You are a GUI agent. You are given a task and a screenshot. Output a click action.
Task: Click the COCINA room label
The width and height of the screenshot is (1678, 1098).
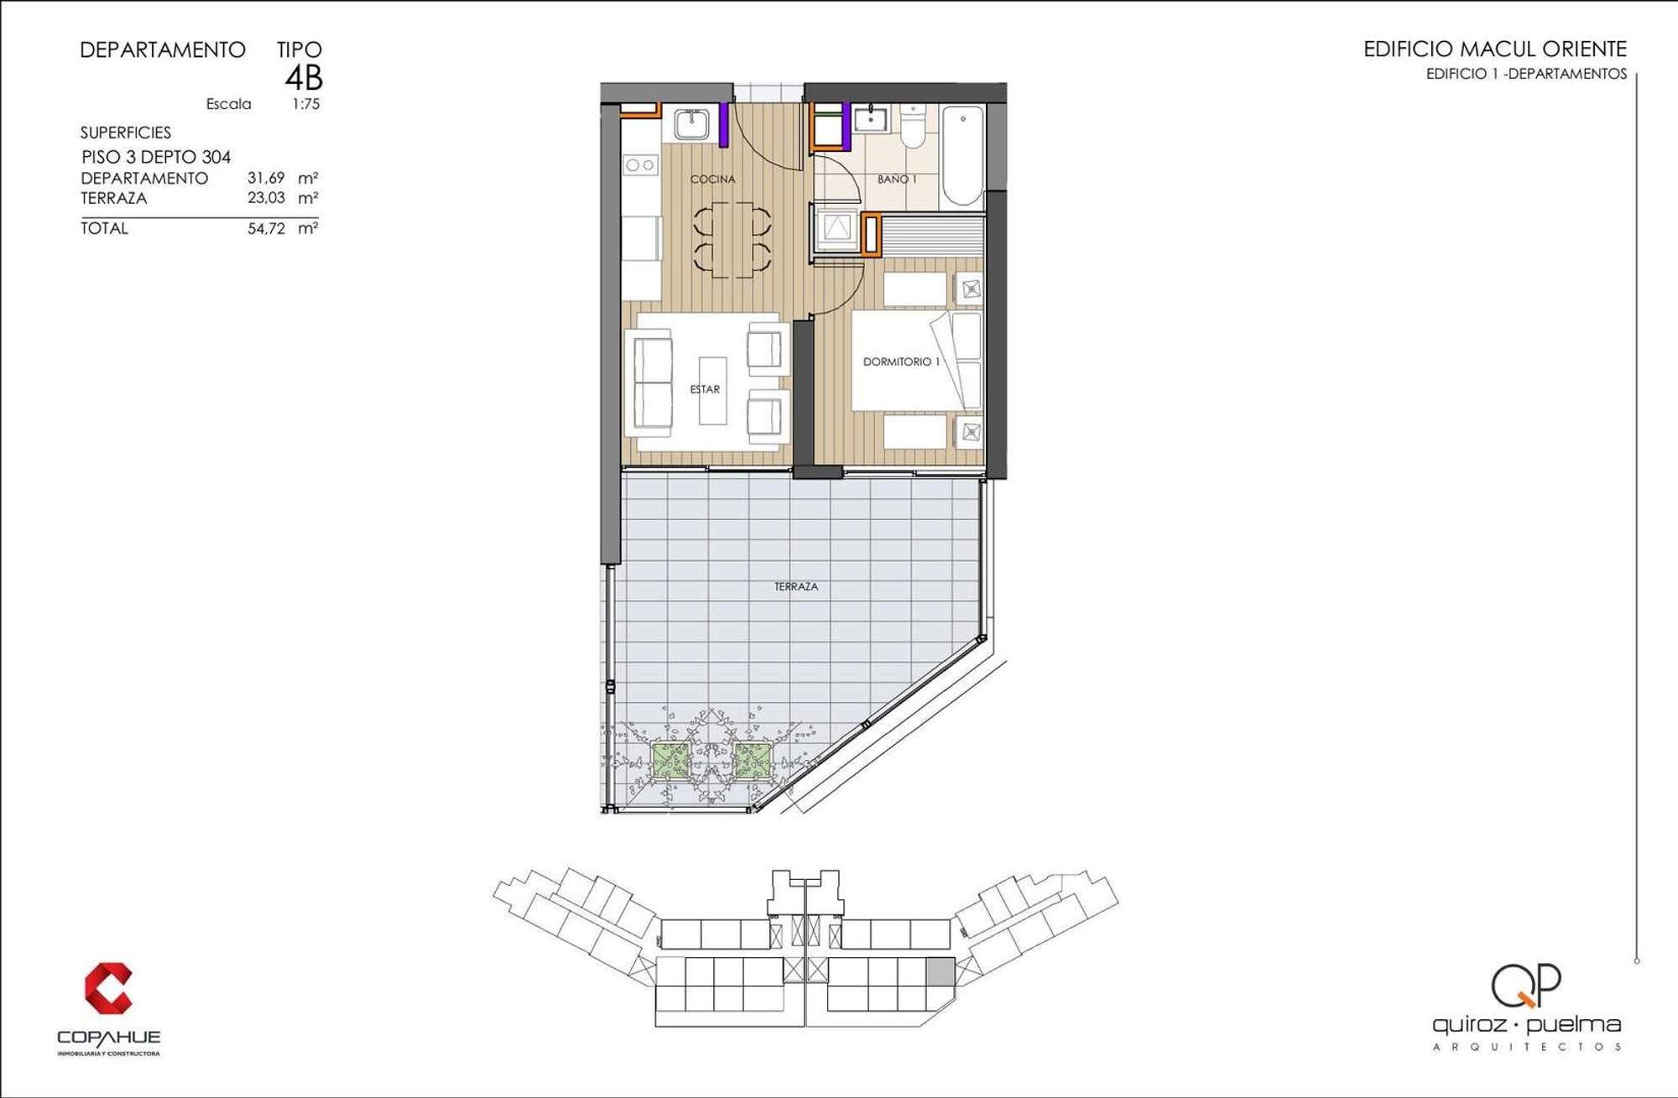(x=712, y=179)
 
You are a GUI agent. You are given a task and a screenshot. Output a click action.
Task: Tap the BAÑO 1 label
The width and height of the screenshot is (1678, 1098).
(x=897, y=179)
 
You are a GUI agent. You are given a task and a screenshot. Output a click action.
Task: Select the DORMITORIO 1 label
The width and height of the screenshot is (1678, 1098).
(x=901, y=362)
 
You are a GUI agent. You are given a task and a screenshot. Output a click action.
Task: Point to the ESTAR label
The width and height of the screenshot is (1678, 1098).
(x=705, y=389)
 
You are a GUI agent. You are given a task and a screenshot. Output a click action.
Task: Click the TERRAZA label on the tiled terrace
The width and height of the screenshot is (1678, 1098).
(x=795, y=586)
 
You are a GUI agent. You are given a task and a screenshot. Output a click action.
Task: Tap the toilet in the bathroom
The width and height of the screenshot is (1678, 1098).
(x=913, y=125)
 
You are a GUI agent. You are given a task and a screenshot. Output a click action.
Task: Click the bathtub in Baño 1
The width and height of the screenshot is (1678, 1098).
(x=962, y=155)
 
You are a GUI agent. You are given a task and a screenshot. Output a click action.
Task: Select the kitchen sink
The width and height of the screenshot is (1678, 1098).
(x=691, y=124)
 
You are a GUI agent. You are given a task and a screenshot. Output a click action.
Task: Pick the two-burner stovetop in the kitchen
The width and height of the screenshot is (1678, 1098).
(x=640, y=165)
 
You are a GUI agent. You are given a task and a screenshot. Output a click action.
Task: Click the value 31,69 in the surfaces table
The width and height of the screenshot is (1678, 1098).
(x=266, y=178)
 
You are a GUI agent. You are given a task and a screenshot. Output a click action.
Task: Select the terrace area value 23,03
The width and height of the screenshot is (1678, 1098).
(x=266, y=198)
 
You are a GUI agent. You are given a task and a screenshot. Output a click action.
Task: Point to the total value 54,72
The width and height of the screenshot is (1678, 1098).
(x=266, y=228)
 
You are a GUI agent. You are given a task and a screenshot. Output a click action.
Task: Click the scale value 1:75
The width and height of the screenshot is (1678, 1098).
(x=305, y=104)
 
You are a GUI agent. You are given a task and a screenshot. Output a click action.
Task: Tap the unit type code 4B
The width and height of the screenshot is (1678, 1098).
(x=304, y=78)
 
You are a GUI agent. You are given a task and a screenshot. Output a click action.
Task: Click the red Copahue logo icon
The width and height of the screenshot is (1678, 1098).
(x=108, y=988)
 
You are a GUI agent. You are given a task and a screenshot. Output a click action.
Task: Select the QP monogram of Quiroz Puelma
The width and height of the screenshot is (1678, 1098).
(x=1526, y=986)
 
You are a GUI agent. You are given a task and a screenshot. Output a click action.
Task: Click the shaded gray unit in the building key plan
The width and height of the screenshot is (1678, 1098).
(x=940, y=971)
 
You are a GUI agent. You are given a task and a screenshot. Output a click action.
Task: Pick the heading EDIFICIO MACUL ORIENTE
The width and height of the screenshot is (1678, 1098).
(x=1495, y=49)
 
